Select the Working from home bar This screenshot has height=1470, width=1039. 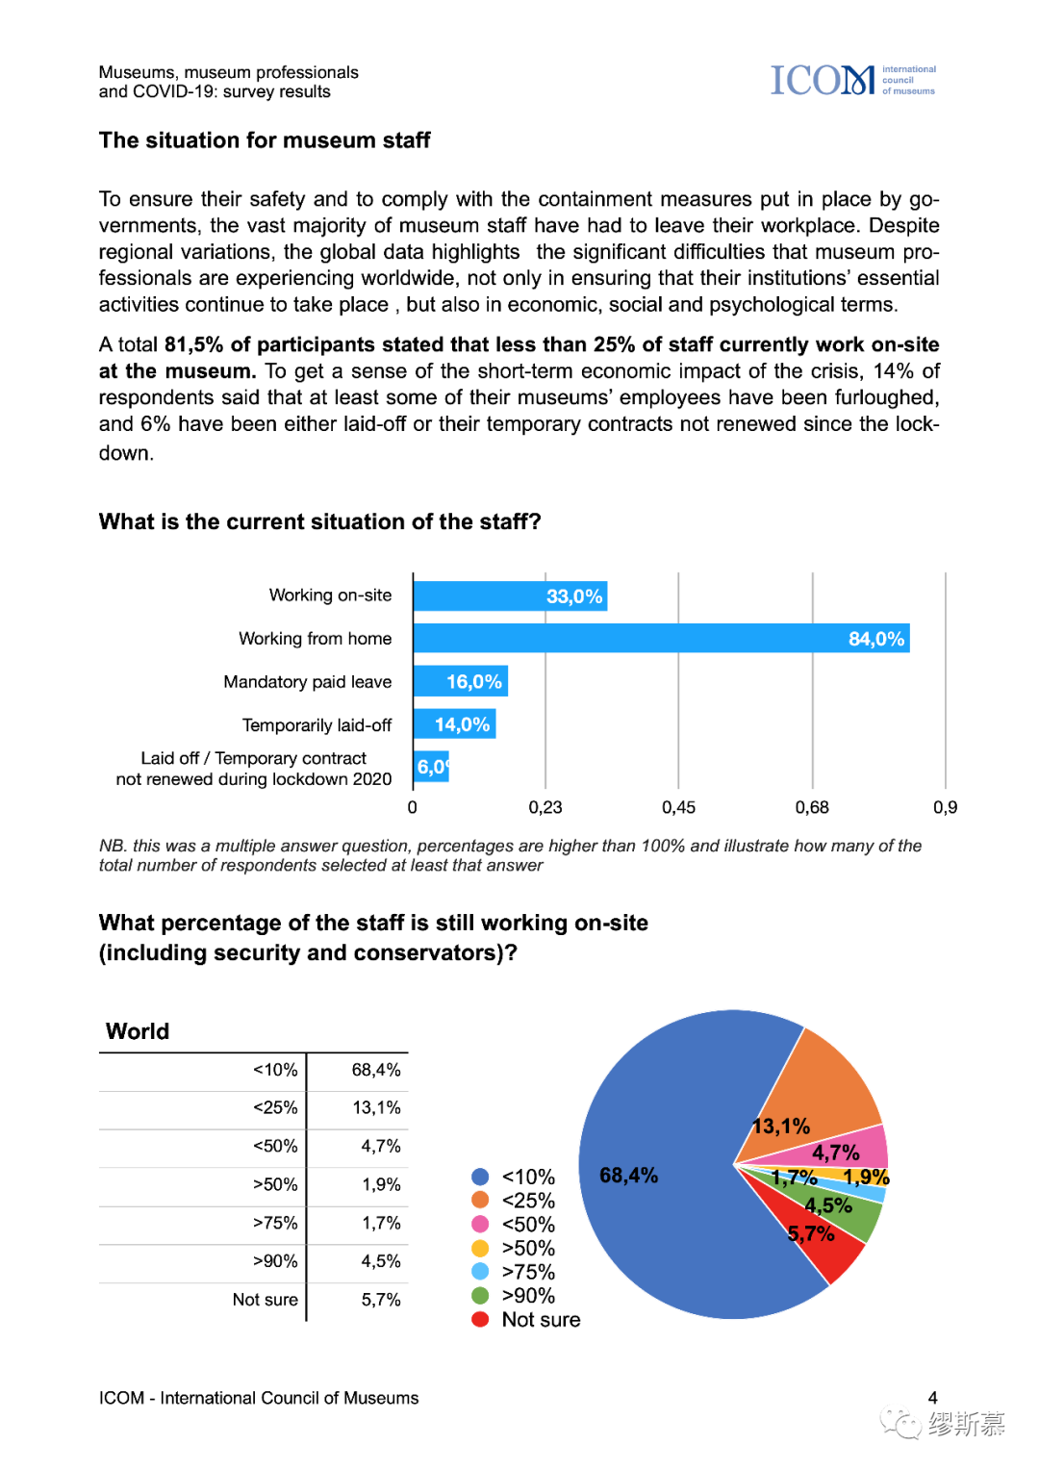tap(661, 639)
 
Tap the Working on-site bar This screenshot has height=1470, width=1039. tap(510, 596)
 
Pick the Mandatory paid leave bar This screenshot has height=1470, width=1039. tap(460, 682)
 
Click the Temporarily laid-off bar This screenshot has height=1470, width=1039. tap(454, 724)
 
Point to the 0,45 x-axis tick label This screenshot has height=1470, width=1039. tap(678, 808)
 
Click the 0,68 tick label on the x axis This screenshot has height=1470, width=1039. tap(812, 808)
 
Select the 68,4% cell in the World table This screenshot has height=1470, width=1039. tap(376, 1070)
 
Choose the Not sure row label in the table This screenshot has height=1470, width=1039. tap(266, 1300)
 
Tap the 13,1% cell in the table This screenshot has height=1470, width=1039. tap(376, 1108)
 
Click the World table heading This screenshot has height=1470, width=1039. tap(138, 1031)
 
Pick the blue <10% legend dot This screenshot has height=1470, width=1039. tap(480, 1177)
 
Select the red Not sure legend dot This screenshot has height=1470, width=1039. tap(480, 1320)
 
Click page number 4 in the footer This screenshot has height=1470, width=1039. tap(932, 1398)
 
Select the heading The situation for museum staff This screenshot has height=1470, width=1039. tap(265, 140)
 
